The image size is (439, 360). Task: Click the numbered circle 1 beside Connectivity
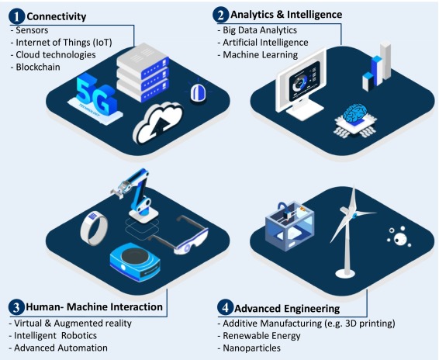point(17,16)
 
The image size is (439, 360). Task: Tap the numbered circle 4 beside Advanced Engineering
point(226,307)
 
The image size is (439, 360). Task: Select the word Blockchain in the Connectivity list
point(38,67)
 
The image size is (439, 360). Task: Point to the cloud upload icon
point(157,123)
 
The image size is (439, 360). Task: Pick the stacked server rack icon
point(143,73)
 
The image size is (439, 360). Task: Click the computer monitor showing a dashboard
point(302,84)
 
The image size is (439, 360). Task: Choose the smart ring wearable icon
point(94,228)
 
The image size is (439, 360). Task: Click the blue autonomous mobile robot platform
point(135,262)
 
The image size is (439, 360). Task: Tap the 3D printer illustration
point(290,226)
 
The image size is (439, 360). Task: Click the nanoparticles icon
point(399,237)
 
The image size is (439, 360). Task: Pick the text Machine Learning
point(260,54)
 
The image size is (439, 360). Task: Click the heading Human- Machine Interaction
point(94,306)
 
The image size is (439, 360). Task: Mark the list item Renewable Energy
point(261,336)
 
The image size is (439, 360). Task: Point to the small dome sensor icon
point(199,92)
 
